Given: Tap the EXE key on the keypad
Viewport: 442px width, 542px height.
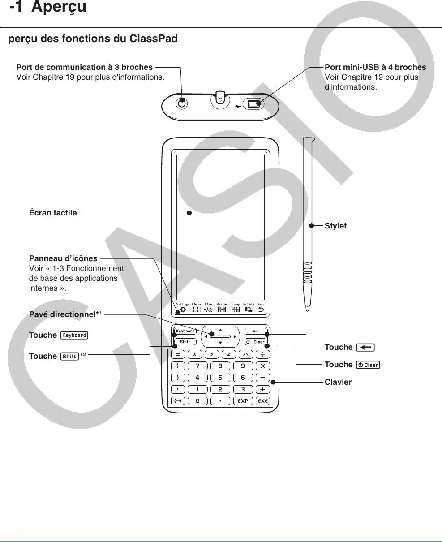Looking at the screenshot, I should [263, 401].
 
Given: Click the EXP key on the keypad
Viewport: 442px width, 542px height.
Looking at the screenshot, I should [243, 401].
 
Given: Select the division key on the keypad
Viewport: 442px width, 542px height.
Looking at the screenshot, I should [263, 354].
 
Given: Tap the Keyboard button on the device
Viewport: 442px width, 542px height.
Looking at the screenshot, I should [185, 331].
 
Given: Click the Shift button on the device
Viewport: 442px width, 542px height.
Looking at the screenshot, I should [185, 342].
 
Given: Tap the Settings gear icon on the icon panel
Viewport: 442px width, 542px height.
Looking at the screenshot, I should [183, 309].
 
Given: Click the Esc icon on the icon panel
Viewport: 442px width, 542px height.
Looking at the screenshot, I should [261, 309].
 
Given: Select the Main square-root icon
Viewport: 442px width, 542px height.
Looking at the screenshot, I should [209, 309].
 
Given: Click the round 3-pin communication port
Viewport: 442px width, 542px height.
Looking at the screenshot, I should [181, 103].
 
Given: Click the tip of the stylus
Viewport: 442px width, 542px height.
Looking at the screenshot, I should [307, 308].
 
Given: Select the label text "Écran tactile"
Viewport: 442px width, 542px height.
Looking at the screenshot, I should [53, 213].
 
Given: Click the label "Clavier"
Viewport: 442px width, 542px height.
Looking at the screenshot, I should [338, 382].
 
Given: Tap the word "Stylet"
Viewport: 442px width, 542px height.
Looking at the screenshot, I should [335, 226].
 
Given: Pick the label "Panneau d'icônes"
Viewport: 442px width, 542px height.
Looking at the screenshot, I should [63, 258].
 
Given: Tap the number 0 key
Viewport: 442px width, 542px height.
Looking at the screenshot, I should [197, 401].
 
